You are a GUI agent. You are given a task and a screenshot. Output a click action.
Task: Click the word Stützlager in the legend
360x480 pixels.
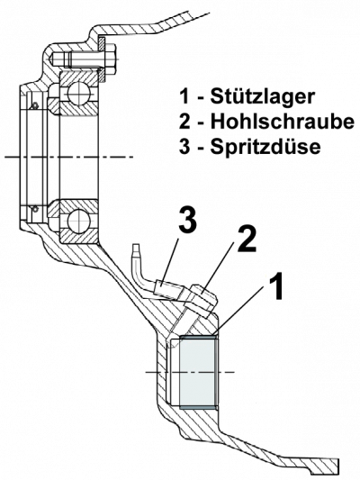coord(262,96)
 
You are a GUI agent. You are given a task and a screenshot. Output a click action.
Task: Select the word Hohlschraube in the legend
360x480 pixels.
coord(282,122)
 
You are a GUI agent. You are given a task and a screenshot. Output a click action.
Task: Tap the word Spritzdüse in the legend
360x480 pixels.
coord(265,147)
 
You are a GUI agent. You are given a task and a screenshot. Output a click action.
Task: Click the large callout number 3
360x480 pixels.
coord(187,219)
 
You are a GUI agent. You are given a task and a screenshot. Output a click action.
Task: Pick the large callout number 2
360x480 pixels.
coord(247,240)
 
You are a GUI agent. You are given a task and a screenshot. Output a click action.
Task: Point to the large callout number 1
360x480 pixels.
coord(275,286)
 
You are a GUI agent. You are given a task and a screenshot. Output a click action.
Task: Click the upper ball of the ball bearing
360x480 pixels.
coord(78,93)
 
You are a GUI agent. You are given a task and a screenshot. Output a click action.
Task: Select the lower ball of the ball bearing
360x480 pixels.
coord(78,220)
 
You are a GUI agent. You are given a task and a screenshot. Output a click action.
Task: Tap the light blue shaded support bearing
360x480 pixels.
coord(198,372)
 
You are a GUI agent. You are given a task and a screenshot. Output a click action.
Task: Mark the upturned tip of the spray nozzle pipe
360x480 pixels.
coord(137,248)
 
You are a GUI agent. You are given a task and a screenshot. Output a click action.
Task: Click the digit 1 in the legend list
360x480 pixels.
coord(184,96)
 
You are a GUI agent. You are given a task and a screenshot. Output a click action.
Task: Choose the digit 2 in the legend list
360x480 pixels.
coord(184,122)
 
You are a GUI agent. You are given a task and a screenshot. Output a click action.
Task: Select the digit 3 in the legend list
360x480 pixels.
coord(184,147)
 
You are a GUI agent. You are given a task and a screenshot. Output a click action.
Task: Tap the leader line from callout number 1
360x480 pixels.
coord(239,309)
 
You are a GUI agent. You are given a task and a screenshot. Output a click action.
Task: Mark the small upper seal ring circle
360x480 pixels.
coord(35,105)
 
